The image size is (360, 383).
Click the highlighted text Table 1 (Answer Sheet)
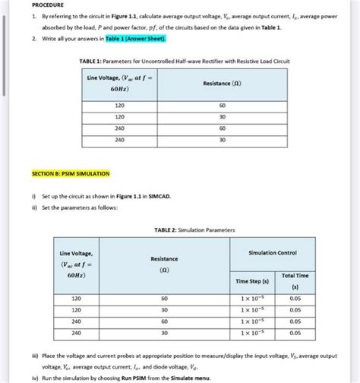coord(136,37)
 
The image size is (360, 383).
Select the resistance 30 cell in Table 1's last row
coord(222,140)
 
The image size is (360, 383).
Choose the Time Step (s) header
coord(255,281)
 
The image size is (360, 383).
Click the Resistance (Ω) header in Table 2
coord(164,264)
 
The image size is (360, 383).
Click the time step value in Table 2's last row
coord(255,332)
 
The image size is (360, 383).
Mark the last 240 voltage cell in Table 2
coord(76,332)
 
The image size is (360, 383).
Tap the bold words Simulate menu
coord(191,376)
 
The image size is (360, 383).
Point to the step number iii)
coord(34,355)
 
